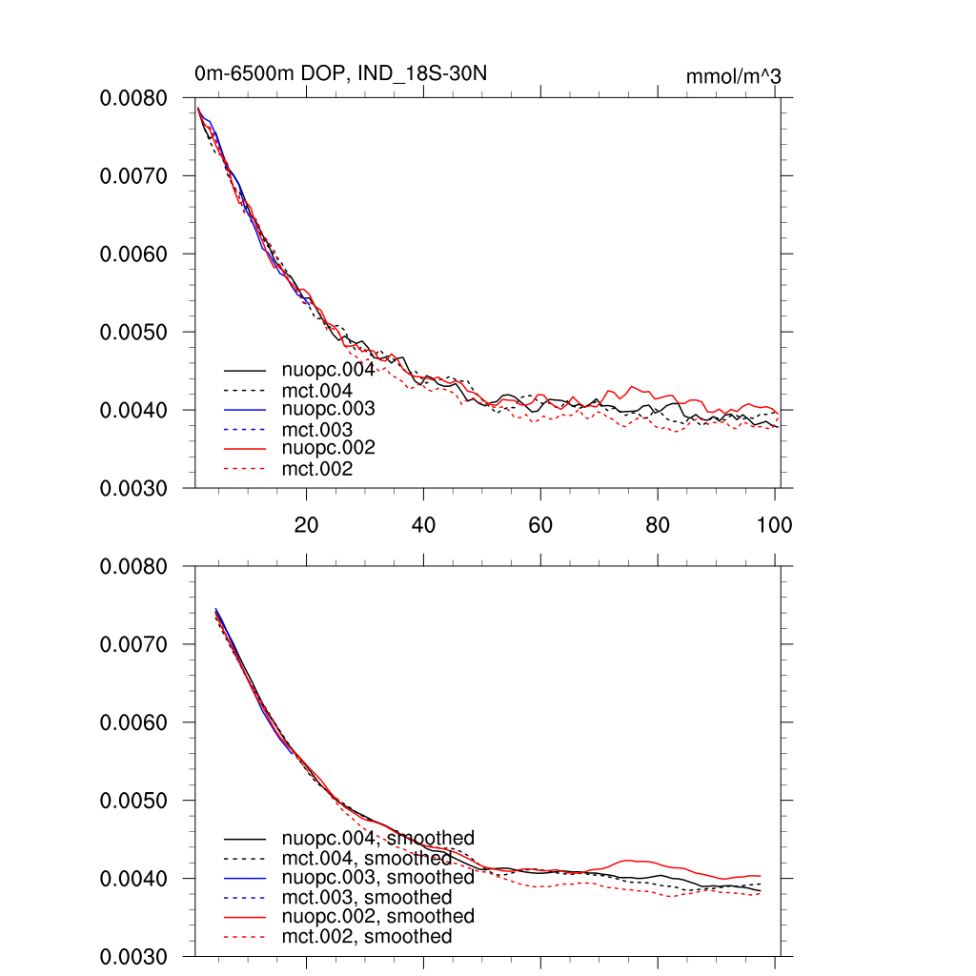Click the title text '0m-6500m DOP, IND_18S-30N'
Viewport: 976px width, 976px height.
[x=342, y=74]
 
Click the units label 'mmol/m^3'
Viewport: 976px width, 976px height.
[x=733, y=76]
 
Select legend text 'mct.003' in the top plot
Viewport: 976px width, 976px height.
[x=317, y=430]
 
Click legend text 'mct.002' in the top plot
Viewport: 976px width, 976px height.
[x=317, y=469]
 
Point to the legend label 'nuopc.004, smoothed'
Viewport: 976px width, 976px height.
[x=377, y=839]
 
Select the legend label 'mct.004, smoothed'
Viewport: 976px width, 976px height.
[x=367, y=858]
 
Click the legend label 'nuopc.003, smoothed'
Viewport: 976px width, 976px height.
[x=377, y=877]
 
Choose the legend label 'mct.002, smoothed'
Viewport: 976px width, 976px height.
[x=367, y=937]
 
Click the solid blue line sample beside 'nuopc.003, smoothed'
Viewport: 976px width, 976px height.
[x=244, y=878]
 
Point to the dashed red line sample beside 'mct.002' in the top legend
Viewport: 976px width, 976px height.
[x=244, y=469]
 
